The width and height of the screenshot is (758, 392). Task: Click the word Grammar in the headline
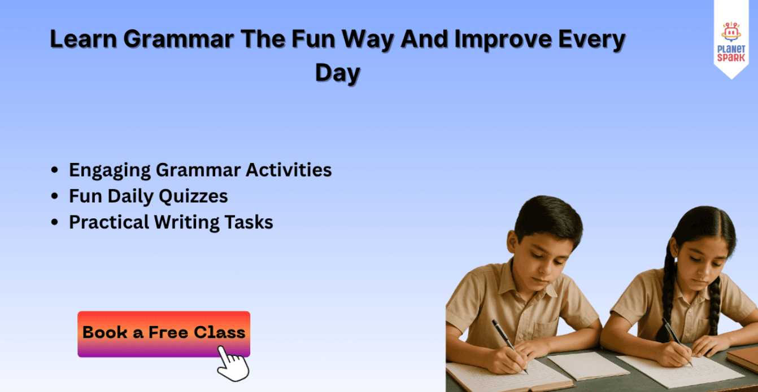tap(178, 39)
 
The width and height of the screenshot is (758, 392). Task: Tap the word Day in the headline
tap(337, 73)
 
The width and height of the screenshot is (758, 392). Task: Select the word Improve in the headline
tap(503, 40)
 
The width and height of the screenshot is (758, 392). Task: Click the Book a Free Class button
tap(164, 334)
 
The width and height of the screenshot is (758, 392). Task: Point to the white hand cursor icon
tap(233, 364)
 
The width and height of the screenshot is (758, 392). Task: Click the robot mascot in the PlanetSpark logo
tap(731, 32)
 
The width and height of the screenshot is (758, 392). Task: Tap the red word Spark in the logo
tap(731, 58)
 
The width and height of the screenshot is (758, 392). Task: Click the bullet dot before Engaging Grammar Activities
tap(54, 170)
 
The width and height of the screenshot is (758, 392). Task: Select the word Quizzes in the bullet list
tap(193, 197)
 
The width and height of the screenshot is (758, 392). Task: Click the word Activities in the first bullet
tap(288, 170)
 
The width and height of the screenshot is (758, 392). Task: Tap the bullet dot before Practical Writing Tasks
tap(54, 222)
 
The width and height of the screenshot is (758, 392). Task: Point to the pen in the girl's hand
tap(677, 341)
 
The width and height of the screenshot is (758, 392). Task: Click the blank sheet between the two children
tap(588, 365)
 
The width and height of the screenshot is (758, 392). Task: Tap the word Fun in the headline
tap(313, 39)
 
